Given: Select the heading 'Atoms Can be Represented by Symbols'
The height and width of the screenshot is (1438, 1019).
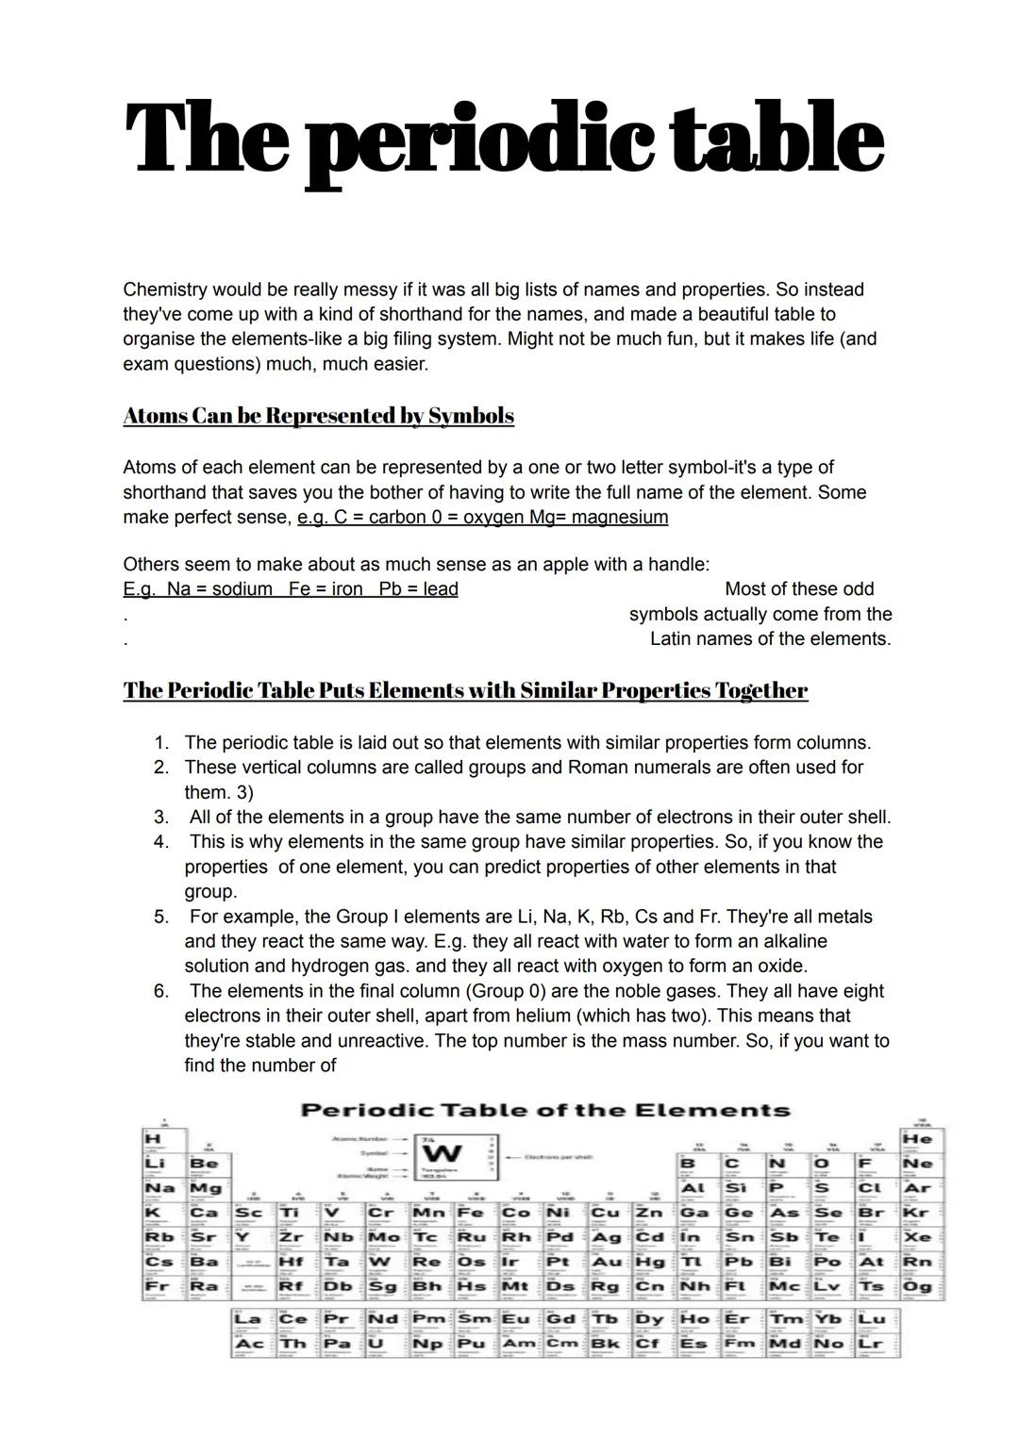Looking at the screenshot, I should pos(318,416).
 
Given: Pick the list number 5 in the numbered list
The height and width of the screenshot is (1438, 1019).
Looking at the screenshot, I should pos(161,917).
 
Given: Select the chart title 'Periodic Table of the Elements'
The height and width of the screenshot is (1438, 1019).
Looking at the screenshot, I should pos(544,1110).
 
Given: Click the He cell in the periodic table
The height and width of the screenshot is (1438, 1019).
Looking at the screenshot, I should pos(916,1139).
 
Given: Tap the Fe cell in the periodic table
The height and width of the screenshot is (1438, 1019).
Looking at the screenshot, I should pos(471,1213).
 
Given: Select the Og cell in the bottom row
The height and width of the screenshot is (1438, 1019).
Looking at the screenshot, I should pos(916,1286).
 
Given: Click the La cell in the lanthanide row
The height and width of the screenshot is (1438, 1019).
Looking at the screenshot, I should pos(247,1318).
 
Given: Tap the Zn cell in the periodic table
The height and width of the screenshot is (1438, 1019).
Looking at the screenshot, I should pos(648,1213).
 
